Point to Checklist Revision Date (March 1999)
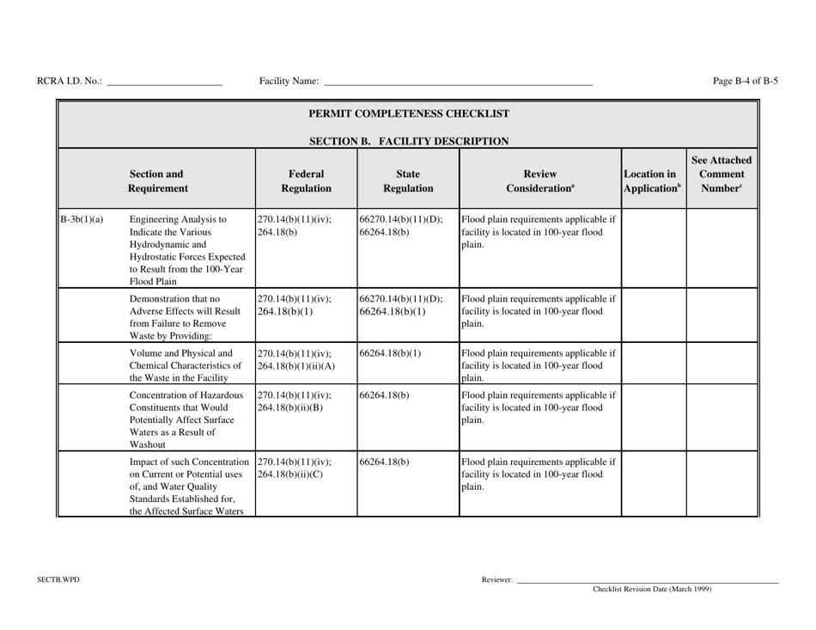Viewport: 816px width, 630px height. click(x=652, y=590)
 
